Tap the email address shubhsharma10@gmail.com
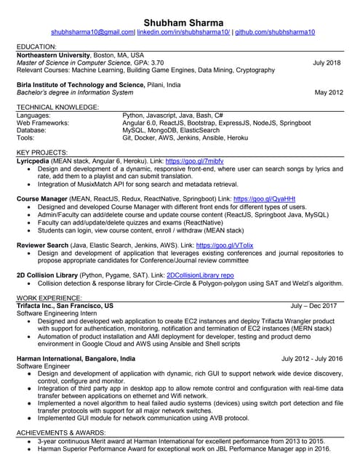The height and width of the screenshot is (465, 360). (93, 33)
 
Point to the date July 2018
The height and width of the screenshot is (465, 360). (327, 63)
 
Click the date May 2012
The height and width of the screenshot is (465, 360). (328, 93)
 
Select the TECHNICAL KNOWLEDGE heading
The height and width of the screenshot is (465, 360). (57, 107)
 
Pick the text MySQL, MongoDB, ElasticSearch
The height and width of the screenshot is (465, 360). (172, 130)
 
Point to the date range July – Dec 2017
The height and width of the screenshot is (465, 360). (313, 306)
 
